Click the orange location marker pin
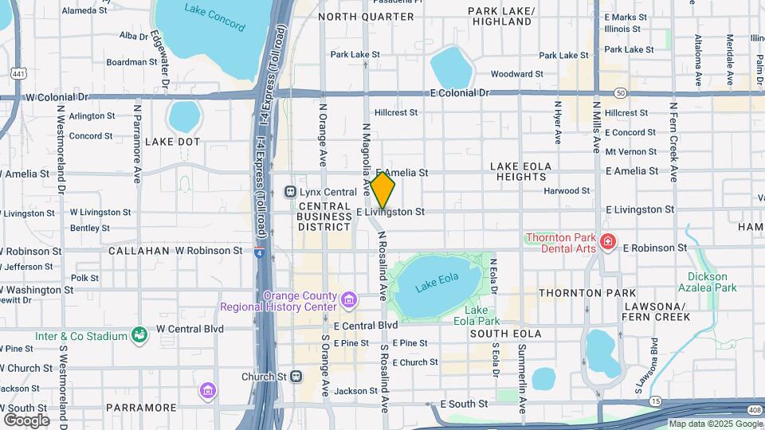click(x=382, y=190)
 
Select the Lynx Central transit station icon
click(x=291, y=192)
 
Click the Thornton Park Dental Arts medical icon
click(x=608, y=240)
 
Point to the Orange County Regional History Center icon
click(x=348, y=300)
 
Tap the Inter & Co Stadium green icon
click(x=140, y=336)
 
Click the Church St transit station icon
click(x=296, y=376)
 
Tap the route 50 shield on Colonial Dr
click(x=620, y=93)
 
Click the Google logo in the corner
click(x=26, y=420)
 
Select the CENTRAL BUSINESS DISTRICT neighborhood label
click(x=324, y=216)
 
